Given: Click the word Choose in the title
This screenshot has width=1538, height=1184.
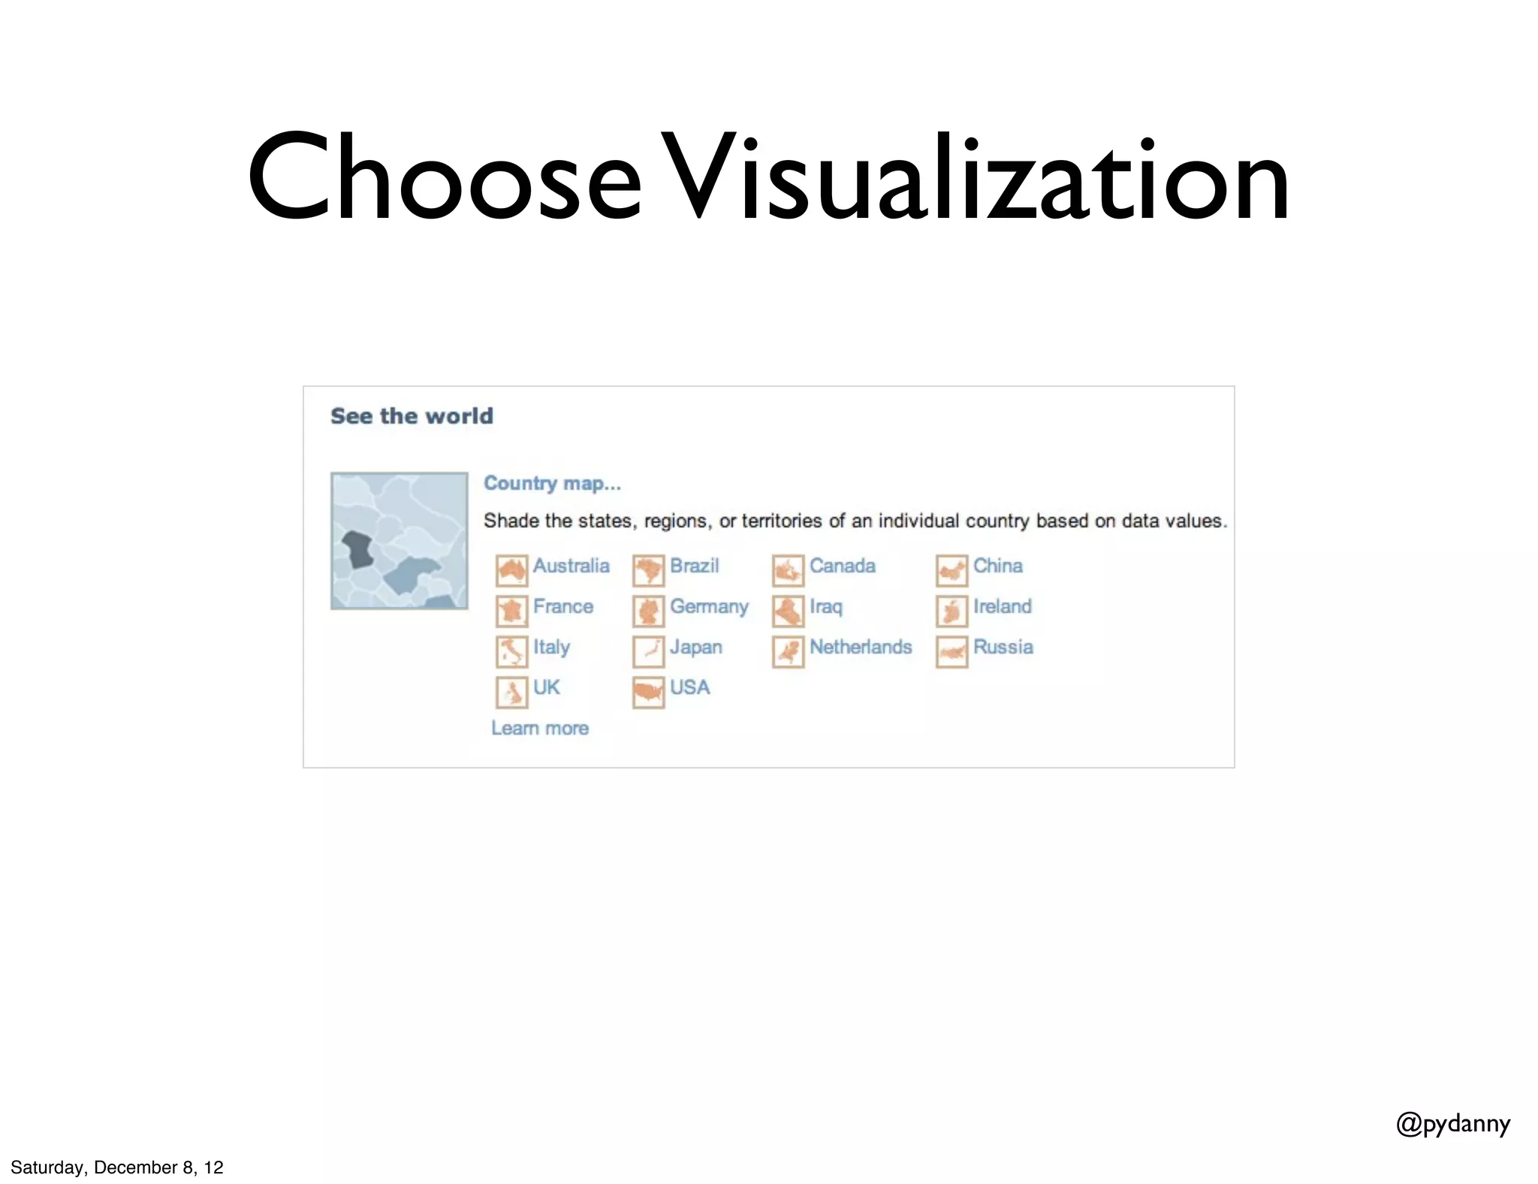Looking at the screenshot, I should point(443,178).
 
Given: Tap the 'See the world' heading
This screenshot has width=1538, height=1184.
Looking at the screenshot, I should point(412,416).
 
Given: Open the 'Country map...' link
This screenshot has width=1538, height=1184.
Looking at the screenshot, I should point(552,483).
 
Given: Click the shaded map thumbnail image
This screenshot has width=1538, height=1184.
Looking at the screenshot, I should point(399,541).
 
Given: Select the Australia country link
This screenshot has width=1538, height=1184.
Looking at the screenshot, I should point(571,566).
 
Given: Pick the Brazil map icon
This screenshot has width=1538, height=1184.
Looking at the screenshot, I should point(648,571).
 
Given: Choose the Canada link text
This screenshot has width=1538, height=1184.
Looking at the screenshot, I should point(842,566).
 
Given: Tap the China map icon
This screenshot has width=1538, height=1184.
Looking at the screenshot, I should point(951,571).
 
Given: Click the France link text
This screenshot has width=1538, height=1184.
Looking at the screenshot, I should point(562,606).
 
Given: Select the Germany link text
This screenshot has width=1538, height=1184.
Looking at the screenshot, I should point(709,606).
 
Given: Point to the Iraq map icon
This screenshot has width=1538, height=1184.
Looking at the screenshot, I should point(788,612).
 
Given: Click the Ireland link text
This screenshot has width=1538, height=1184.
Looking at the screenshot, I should point(1002,606).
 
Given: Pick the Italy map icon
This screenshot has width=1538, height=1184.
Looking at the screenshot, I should point(511,652).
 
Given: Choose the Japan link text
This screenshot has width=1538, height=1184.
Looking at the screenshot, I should point(695,647).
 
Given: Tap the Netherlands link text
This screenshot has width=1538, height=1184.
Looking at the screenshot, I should point(860,647).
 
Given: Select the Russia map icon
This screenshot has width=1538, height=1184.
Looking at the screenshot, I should point(951,652).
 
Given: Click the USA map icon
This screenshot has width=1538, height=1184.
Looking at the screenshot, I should point(648,693).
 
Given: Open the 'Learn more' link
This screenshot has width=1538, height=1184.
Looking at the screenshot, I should point(539,728).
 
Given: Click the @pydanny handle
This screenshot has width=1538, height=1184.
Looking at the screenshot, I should point(1452,1124).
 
